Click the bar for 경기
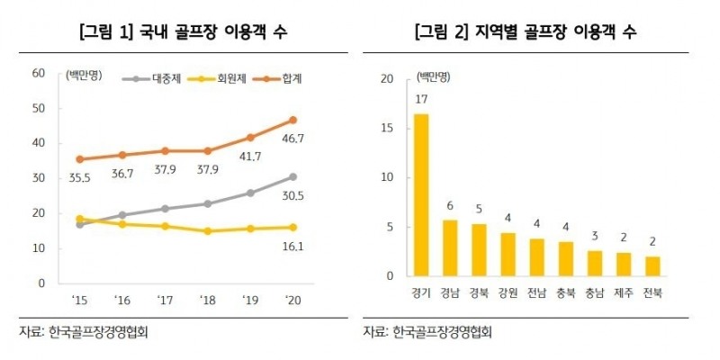tap(420, 195)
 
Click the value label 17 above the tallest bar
tap(420, 98)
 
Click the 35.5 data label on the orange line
tap(82, 178)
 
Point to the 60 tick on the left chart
tap(38, 73)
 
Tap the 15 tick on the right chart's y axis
tap(388, 129)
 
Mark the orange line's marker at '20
tap(292, 120)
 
